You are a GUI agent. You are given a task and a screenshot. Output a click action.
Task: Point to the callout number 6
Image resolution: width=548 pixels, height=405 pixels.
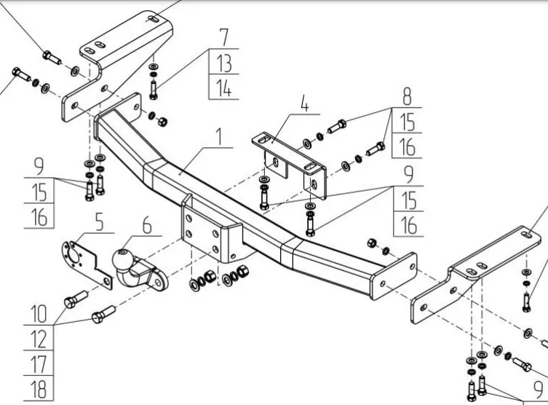click(147, 227)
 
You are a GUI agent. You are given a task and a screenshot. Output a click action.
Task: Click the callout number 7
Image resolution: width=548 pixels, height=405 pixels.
click(223, 36)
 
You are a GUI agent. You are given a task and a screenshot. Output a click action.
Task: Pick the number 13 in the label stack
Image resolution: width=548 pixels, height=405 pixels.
click(223, 63)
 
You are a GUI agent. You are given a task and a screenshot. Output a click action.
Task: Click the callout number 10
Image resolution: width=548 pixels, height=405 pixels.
click(38, 315)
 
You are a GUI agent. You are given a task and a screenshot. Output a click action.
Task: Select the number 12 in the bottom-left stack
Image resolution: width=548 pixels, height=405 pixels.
click(38, 339)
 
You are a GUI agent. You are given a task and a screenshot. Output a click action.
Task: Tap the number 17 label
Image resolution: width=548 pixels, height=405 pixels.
click(38, 363)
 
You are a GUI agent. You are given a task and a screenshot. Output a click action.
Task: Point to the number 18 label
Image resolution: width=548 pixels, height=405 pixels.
click(38, 387)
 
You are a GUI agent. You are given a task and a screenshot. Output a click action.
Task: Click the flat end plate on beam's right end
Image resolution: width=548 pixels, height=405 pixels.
click(394, 276)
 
